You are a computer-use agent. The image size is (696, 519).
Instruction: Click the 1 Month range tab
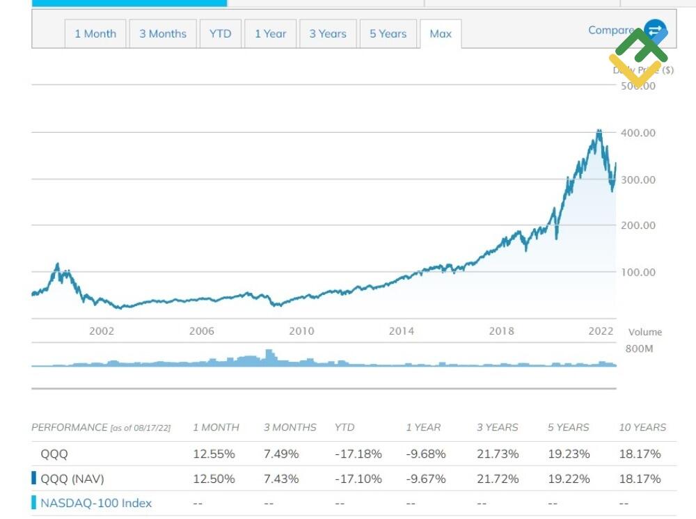click(95, 33)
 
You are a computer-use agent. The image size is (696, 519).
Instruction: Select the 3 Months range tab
click(163, 33)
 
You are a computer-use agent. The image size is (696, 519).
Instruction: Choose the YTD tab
click(220, 33)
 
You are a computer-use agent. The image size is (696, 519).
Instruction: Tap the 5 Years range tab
click(388, 33)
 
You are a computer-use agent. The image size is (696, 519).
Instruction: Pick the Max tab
click(441, 33)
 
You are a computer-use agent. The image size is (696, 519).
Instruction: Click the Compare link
click(610, 30)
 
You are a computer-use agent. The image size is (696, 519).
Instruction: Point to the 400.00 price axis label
click(638, 133)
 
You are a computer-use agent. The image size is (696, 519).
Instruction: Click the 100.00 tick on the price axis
click(638, 272)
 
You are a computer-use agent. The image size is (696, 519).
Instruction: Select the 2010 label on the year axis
click(301, 331)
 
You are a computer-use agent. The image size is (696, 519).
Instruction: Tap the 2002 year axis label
click(102, 331)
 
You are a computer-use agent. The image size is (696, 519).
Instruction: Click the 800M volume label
click(639, 349)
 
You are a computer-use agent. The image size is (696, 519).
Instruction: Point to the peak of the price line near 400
click(599, 131)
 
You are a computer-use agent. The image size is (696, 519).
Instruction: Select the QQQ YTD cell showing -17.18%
click(358, 454)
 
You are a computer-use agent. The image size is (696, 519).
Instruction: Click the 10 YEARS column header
click(642, 427)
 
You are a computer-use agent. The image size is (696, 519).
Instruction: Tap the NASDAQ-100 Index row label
click(96, 503)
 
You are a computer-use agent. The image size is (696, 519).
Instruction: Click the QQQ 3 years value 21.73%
click(498, 454)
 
